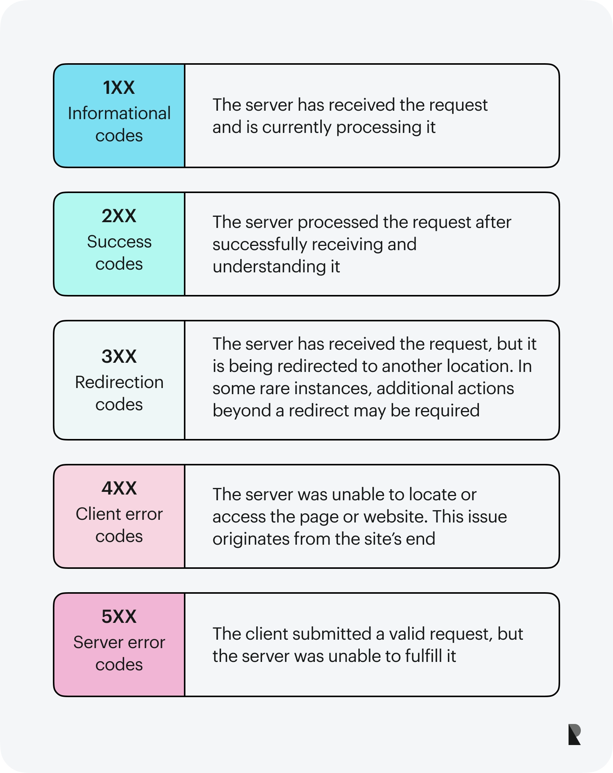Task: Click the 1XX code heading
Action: point(119,88)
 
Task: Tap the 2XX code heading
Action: point(119,216)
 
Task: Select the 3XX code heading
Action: point(119,356)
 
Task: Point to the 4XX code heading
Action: point(119,488)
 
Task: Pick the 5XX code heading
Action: point(119,617)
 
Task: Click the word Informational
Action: point(119,113)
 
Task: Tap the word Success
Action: point(119,242)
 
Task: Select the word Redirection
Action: point(119,382)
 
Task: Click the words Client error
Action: point(119,514)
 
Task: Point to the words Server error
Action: point(119,642)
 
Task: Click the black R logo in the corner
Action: point(574,734)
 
